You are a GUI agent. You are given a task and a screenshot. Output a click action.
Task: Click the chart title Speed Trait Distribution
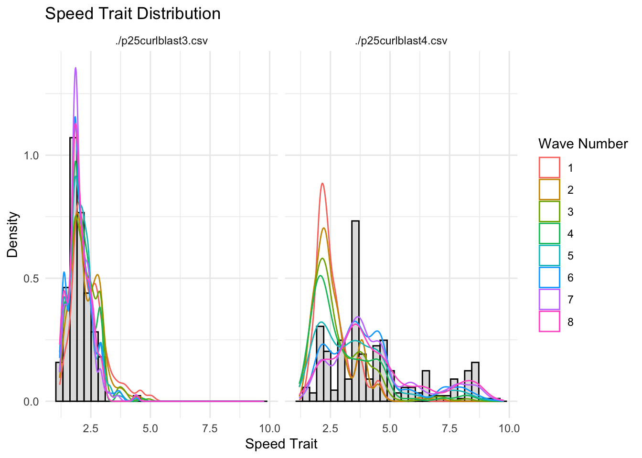132,14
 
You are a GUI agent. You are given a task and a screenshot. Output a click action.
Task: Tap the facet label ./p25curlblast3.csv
161,41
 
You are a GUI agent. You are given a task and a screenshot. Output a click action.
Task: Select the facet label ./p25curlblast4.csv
401,41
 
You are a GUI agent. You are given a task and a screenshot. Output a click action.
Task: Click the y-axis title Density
12,235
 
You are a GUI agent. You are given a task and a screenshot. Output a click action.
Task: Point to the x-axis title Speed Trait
281,444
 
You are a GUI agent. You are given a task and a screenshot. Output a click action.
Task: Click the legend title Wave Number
583,144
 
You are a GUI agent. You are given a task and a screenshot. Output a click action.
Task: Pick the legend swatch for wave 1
549,168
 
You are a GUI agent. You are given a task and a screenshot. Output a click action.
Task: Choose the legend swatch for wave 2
549,190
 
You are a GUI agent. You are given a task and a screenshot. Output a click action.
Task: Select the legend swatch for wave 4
549,234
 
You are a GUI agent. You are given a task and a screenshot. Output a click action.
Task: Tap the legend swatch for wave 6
549,278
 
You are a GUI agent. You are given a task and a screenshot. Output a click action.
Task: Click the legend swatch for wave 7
549,300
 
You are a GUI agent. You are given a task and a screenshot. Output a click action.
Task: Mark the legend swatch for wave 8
549,322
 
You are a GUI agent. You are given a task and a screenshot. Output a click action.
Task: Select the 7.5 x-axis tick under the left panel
210,428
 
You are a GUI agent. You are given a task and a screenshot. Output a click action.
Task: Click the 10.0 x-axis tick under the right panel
509,428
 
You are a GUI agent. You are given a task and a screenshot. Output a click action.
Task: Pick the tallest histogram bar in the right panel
355,310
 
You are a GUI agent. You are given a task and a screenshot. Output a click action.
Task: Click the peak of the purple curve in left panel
75,68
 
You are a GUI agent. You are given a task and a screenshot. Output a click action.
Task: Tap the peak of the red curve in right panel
322,184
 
